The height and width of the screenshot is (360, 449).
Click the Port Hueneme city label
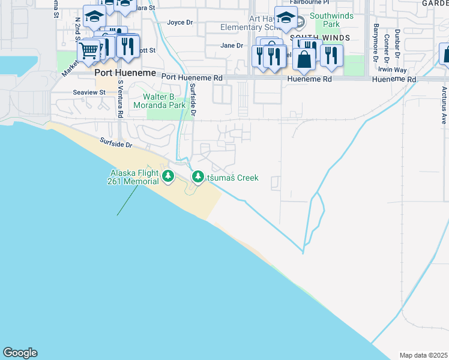pyautogui.click(x=125, y=73)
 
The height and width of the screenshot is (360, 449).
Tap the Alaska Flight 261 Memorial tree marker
pyautogui.click(x=169, y=177)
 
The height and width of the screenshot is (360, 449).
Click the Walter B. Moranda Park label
pyautogui.click(x=164, y=101)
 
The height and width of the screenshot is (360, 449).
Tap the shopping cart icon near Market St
pyautogui.click(x=88, y=50)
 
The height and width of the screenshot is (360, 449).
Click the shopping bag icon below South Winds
pyautogui.click(x=304, y=59)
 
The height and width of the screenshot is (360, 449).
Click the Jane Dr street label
pyautogui.click(x=231, y=46)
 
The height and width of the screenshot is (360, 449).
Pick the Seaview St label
pyautogui.click(x=89, y=92)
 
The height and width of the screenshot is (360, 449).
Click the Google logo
pyautogui.click(x=20, y=353)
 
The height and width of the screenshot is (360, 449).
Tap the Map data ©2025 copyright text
pyautogui.click(x=423, y=355)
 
